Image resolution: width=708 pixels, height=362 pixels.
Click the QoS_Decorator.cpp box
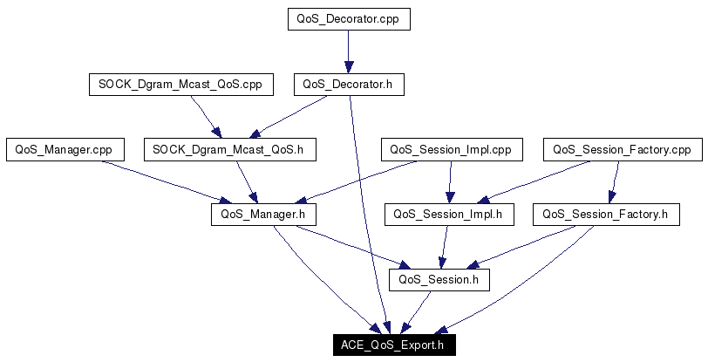point(349,20)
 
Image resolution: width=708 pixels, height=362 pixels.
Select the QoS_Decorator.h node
point(349,85)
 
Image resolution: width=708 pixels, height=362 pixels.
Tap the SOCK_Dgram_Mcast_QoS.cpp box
point(181,85)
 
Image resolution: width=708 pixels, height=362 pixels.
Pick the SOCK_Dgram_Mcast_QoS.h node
point(228,149)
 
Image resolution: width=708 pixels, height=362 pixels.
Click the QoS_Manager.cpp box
point(65,149)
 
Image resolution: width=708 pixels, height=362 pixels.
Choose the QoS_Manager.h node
point(262,214)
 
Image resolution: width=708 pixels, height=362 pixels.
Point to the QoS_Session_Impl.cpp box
point(451,149)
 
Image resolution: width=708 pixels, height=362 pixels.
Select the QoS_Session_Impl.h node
point(449,214)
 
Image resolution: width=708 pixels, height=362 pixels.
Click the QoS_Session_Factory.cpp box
point(622,149)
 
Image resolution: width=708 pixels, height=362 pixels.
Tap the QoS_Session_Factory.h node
point(605,214)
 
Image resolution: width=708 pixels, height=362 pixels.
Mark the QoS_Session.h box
point(439,280)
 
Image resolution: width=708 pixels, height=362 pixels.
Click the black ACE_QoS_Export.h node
point(393,345)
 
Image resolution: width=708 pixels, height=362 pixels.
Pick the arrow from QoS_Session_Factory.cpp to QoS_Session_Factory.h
point(614,181)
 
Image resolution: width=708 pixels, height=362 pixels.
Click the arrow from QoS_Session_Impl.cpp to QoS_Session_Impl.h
point(450,181)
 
